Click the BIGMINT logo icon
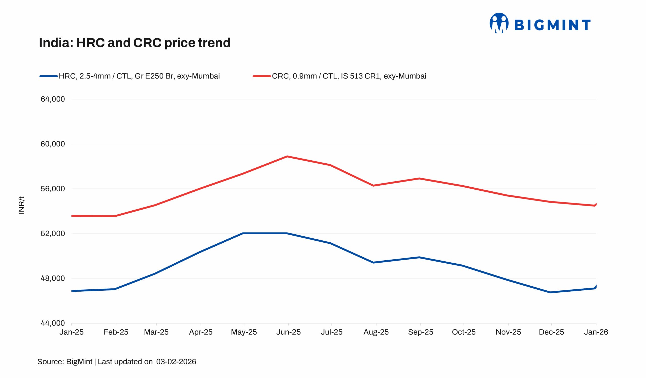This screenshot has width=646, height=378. tap(499, 23)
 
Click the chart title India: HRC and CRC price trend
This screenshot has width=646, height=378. tap(134, 43)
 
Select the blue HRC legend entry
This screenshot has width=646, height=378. tap(129, 76)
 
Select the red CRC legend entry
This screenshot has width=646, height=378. tap(339, 76)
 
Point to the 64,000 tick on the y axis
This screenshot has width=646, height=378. tap(53, 99)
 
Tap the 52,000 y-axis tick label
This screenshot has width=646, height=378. tap(53, 234)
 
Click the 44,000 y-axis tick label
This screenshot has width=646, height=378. tap(53, 323)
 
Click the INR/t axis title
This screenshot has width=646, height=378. tap(22, 205)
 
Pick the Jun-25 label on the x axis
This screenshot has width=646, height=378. tap(288, 332)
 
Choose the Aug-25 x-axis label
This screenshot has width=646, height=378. tap(376, 332)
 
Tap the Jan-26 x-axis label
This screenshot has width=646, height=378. tap(596, 332)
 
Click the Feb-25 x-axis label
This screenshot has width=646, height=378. tap(116, 332)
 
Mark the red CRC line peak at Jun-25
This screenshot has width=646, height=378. tap(287, 157)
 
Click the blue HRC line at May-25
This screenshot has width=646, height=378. tap(243, 233)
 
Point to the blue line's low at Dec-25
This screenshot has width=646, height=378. tap(550, 292)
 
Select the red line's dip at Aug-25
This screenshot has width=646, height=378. tap(373, 186)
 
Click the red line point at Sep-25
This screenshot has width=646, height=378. tap(419, 179)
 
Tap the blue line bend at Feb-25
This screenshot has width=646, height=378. tap(115, 289)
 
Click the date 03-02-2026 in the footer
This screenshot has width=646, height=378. tap(176, 362)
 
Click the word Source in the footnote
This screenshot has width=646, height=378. tap(50, 362)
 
